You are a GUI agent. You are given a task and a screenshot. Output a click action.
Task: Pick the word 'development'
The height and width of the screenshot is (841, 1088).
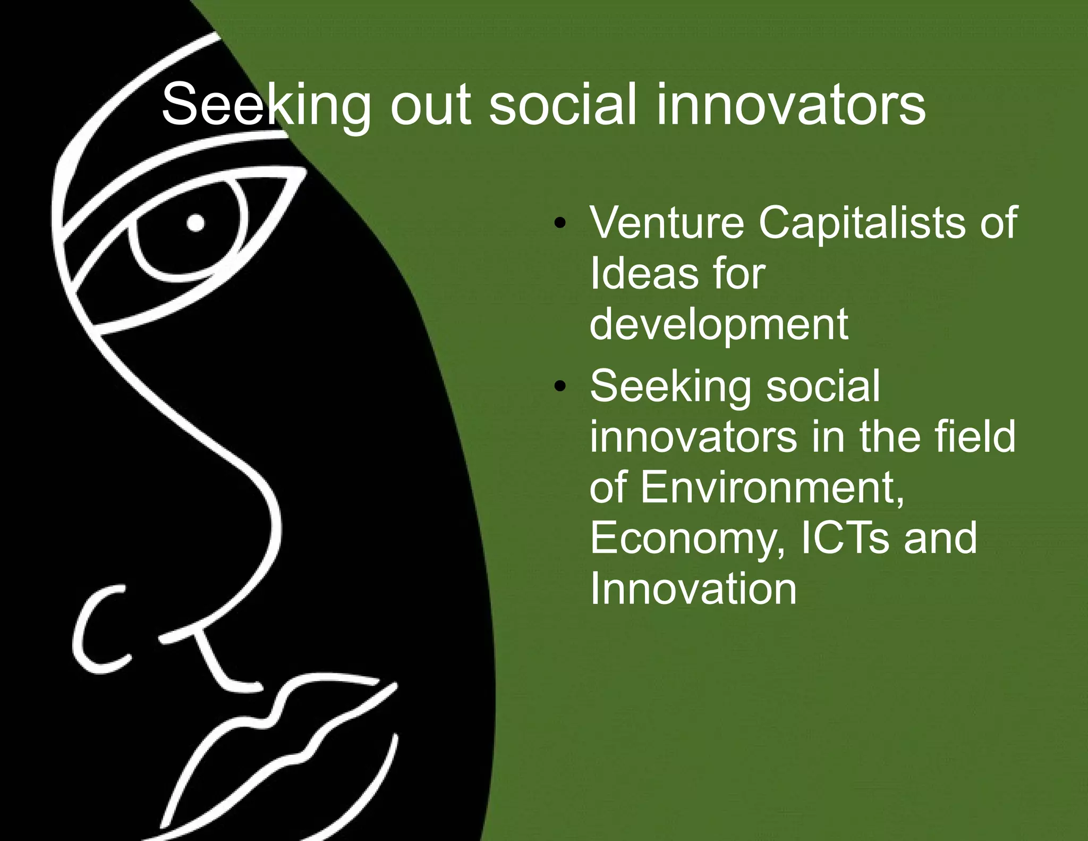[718, 325]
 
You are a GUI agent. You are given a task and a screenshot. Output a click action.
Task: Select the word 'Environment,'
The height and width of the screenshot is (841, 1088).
[771, 488]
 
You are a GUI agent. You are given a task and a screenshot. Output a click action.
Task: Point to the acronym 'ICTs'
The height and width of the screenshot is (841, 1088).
[844, 539]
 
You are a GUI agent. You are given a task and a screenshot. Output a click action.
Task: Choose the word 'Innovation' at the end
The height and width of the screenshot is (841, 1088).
[693, 589]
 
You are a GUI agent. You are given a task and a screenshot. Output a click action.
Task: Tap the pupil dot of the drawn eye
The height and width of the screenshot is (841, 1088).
[195, 223]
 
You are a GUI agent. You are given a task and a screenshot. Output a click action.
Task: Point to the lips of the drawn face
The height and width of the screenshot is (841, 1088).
[282, 744]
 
